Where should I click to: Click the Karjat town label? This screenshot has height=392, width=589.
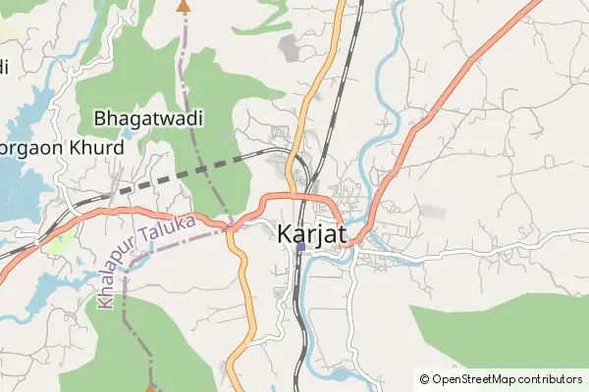(x=313, y=235)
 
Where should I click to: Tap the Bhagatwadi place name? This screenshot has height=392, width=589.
(x=148, y=119)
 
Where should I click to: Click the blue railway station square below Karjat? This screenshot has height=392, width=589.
(x=300, y=247)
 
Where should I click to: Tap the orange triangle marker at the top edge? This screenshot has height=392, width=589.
(x=182, y=5)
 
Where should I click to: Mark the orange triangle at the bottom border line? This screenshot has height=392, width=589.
(x=150, y=387)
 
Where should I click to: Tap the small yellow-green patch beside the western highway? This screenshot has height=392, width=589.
(x=59, y=239)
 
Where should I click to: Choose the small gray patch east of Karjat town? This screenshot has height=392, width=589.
(x=432, y=211)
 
